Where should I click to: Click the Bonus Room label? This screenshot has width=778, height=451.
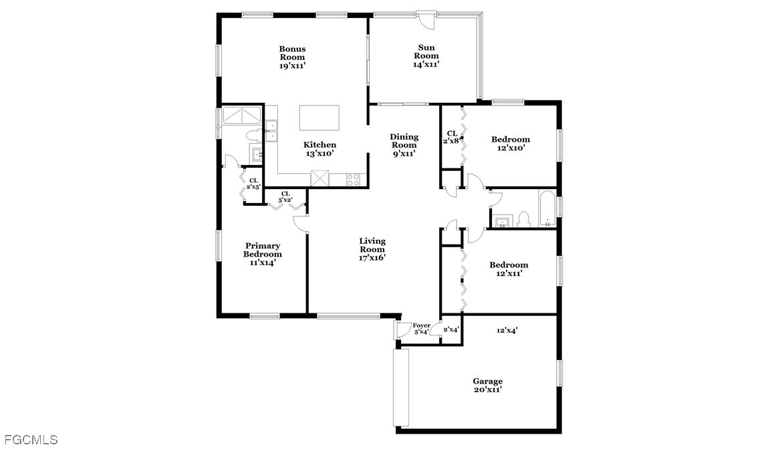click(x=292, y=57)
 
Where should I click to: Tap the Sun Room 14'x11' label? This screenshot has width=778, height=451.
click(x=426, y=56)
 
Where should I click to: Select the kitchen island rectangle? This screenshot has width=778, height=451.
click(x=319, y=118)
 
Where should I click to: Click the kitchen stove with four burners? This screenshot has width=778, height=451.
click(x=353, y=180)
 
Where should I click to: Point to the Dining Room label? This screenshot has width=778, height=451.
click(x=404, y=141)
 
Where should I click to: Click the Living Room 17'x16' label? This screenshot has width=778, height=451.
click(x=372, y=250)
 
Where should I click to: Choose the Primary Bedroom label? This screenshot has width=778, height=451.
click(x=263, y=254)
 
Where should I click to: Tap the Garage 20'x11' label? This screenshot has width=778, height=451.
click(x=487, y=386)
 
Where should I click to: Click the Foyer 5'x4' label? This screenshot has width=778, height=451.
click(x=421, y=329)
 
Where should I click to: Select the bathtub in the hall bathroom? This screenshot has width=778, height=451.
click(x=547, y=208)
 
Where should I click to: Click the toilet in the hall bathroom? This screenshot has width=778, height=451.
click(x=523, y=220)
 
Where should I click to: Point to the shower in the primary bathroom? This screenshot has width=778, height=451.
click(x=242, y=115)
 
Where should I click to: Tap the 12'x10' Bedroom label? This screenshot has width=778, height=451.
click(x=511, y=144)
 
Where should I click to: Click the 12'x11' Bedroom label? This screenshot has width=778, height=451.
click(x=509, y=269)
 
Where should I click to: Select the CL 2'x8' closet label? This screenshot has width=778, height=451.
click(x=452, y=137)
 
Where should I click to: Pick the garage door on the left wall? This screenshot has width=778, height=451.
click(x=401, y=388)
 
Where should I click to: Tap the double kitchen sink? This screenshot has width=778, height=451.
click(x=271, y=131)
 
